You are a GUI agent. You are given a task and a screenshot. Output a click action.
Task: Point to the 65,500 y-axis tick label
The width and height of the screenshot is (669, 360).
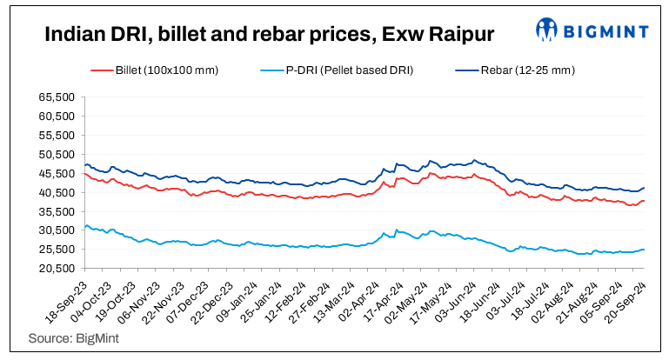[x=56, y=97]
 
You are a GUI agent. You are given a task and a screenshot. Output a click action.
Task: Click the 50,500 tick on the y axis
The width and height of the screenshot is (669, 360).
[x=56, y=154]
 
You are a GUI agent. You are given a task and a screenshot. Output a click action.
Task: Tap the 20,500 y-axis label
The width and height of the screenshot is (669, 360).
[x=56, y=268]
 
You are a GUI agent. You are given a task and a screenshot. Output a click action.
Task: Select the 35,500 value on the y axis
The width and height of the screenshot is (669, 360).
[x=56, y=211]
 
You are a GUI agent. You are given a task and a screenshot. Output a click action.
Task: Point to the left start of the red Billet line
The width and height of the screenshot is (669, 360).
[x=84, y=174]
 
